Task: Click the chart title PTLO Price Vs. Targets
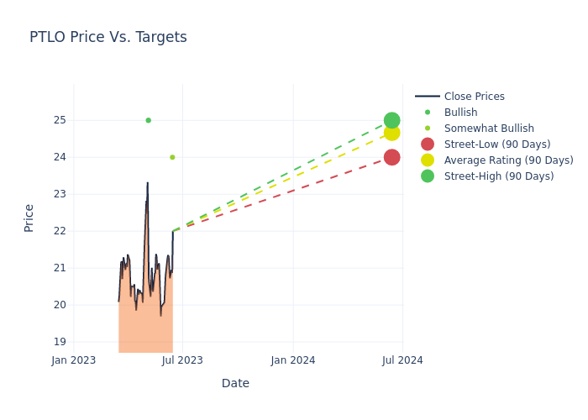pos(108,37)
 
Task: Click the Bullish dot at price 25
pos(148,120)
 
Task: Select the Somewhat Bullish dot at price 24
pos(172,157)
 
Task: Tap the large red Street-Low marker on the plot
pos(391,157)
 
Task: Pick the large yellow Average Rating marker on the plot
pos(391,133)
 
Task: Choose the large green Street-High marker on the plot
pos(391,120)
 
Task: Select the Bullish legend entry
pos(460,113)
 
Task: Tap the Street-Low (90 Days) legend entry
pos(496,144)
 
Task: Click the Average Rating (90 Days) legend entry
pos(508,160)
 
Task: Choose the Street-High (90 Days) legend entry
pos(498,176)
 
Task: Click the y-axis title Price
pos(29,218)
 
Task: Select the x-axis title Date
pos(235,383)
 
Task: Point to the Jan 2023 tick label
pos(73,360)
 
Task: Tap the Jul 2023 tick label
pos(182,360)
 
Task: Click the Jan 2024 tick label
pos(293,360)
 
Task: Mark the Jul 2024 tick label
pos(402,360)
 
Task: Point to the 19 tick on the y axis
pos(60,342)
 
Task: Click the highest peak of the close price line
pos(148,183)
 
